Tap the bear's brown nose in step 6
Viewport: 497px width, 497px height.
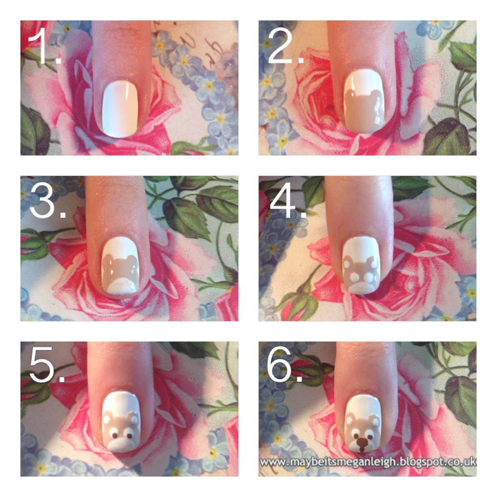tap(364, 441)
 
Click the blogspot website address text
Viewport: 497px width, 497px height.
tap(367, 462)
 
